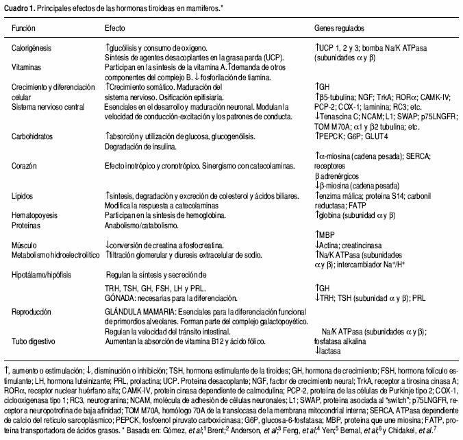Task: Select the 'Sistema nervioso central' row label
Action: click(x=47, y=108)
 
